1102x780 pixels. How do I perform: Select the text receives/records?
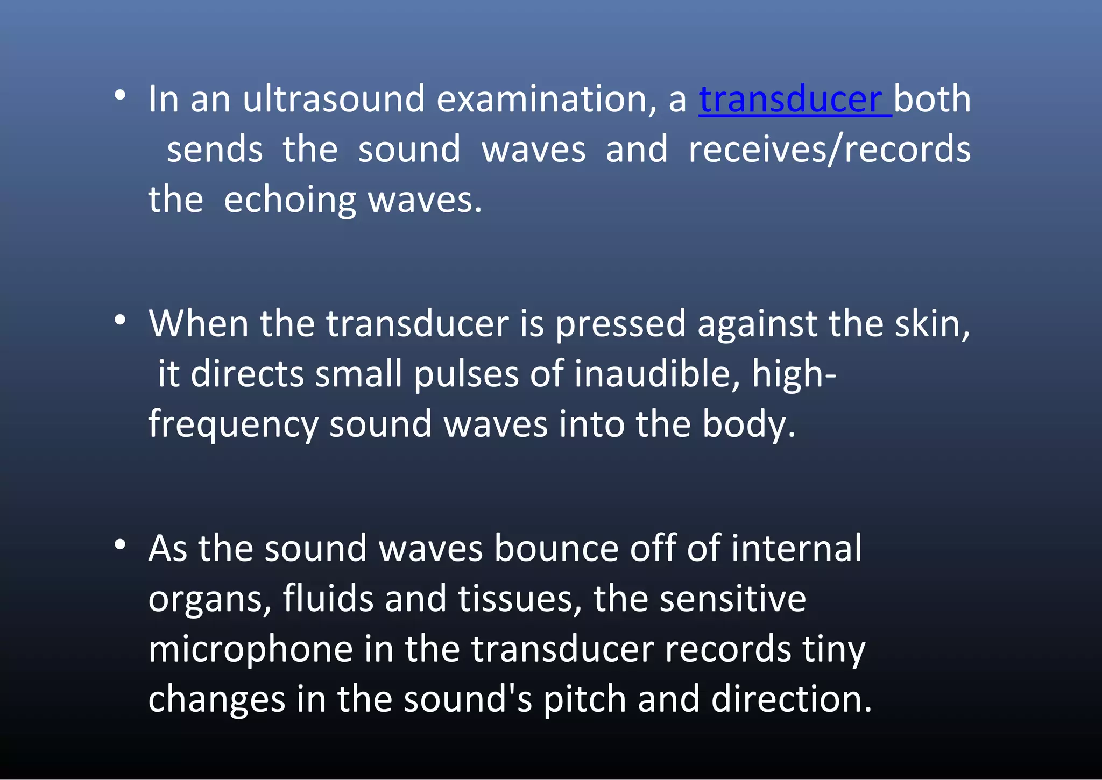tap(829, 150)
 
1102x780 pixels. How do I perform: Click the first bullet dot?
tap(120, 96)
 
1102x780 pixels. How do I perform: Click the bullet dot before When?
tap(120, 320)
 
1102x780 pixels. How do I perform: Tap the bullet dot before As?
tap(120, 544)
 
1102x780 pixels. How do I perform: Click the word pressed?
tap(620, 325)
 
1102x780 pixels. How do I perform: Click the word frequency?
tap(233, 425)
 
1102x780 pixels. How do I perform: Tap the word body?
tap(748, 424)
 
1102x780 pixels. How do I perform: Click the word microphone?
tap(250, 649)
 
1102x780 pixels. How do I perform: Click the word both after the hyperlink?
tap(933, 100)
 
